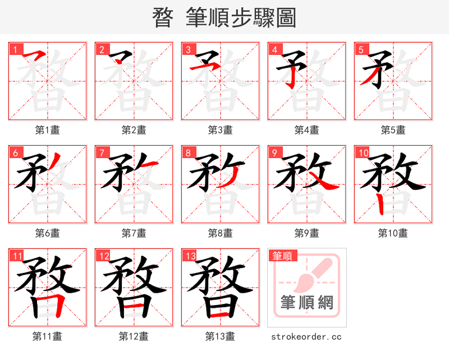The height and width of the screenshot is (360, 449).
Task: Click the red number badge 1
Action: tap(15, 49)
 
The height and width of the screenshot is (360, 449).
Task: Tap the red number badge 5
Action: tap(360, 49)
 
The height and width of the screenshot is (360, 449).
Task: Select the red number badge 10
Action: tap(363, 152)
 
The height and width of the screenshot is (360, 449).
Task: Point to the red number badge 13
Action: tap(190, 256)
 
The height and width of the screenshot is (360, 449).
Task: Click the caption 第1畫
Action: tap(48, 130)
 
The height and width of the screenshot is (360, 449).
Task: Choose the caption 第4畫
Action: tap(307, 130)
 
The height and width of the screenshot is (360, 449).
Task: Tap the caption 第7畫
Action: tap(134, 233)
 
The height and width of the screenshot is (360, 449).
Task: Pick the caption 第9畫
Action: tap(307, 233)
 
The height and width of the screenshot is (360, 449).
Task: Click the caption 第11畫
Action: tap(48, 336)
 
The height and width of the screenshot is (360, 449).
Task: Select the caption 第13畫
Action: tap(220, 336)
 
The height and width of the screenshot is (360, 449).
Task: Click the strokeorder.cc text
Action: tap(306, 336)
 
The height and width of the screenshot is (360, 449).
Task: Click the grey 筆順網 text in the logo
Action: tap(307, 303)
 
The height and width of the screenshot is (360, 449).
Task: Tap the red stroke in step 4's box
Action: tap(291, 79)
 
